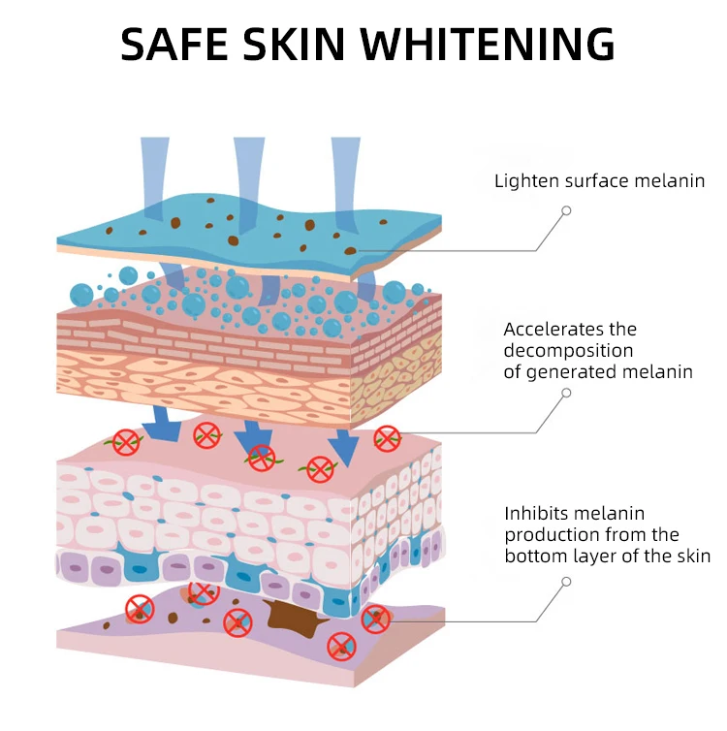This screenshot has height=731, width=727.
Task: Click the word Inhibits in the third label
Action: [x=532, y=514]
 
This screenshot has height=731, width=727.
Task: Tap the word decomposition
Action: [x=568, y=350]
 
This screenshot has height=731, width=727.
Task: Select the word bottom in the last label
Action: [x=535, y=556]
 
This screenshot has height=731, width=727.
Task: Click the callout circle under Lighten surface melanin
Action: [x=566, y=210]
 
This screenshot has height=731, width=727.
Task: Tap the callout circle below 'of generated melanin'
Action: [x=566, y=394]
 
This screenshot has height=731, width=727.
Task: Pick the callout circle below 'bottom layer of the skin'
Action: [x=566, y=582]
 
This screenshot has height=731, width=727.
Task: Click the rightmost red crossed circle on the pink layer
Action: [x=386, y=438]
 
